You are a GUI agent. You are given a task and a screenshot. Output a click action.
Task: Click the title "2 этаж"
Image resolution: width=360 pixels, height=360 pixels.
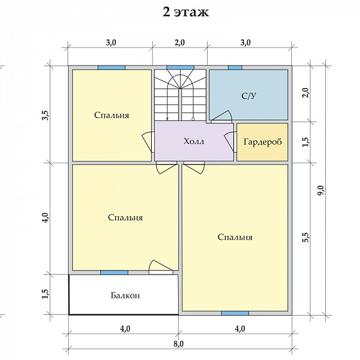tap(186, 12)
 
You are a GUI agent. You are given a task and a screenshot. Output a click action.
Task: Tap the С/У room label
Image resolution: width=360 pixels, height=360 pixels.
tap(249, 96)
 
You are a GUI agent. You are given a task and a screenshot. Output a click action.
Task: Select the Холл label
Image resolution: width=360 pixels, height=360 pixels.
tap(194, 141)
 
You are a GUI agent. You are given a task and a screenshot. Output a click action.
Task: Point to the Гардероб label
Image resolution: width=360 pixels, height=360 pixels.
tap(262, 141)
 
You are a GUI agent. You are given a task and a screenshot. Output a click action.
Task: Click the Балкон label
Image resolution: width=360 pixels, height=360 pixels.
tap(125, 295)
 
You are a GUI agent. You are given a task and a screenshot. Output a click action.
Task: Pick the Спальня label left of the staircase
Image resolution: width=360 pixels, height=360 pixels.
tap(112, 115)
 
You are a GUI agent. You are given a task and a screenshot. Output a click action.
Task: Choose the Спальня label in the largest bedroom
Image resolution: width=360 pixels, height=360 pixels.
tap(235, 237)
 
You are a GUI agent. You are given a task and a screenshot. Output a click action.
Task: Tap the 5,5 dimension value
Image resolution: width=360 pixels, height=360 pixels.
tap(306, 237)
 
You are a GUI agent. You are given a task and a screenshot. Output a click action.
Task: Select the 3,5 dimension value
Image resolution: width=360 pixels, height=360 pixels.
tap(46, 115)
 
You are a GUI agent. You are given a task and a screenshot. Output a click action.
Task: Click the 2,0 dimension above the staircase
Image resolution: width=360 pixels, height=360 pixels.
tap(180, 42)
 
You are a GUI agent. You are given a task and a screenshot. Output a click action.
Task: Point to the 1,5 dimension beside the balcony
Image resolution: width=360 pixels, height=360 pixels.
tap(46, 293)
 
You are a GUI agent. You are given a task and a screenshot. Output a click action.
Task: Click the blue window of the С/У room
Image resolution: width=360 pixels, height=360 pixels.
tap(235, 67)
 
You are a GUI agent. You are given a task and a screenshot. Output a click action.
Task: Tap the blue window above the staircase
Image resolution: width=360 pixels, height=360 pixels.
tap(180, 67)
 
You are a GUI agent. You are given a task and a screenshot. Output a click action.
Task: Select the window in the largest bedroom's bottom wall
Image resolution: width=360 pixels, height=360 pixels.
tap(235, 313)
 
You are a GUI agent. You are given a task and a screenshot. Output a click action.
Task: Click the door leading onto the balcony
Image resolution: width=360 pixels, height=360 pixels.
tap(161, 267)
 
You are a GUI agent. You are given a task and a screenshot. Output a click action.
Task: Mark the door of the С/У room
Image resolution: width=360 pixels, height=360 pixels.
tap(222, 116)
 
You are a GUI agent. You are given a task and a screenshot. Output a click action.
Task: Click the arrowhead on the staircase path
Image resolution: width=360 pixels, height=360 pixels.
tap(167, 118)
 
